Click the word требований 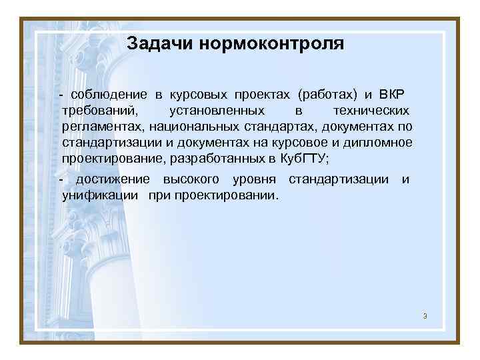[x=99, y=109]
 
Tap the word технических [x=371, y=109]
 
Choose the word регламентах [x=103, y=125]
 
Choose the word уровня [x=256, y=179]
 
